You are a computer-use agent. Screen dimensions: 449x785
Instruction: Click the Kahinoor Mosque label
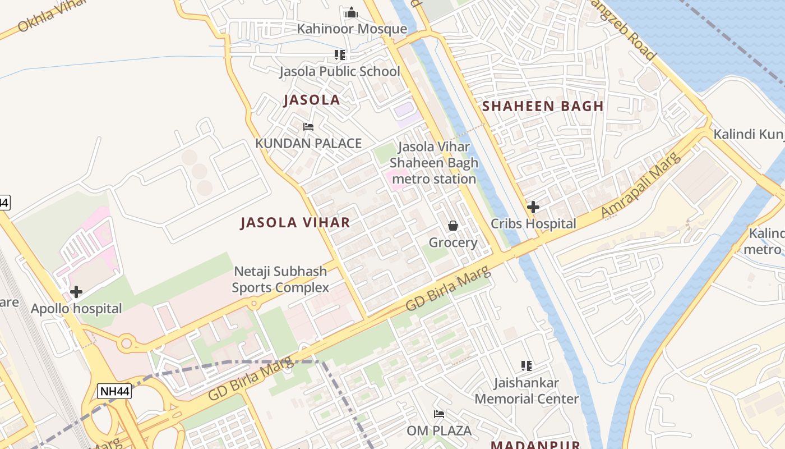(x=352, y=29)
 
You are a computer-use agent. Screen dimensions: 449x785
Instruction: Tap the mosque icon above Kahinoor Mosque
(x=352, y=12)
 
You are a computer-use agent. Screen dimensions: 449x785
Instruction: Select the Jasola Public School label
(x=340, y=71)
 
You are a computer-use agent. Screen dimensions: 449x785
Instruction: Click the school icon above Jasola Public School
(x=340, y=55)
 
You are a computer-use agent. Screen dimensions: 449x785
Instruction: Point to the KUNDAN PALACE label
(x=308, y=143)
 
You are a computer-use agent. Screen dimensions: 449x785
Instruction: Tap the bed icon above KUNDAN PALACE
(x=308, y=127)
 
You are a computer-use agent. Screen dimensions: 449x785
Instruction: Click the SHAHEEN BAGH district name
(x=543, y=106)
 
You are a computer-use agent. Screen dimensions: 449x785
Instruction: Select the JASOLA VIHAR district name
(x=295, y=222)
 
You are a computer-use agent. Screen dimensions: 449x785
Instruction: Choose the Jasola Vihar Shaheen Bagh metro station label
(x=434, y=163)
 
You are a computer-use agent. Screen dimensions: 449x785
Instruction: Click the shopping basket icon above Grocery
(x=453, y=226)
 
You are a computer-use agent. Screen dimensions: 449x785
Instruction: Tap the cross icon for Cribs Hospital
(x=533, y=207)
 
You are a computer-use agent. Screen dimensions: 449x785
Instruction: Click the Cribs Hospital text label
(x=533, y=224)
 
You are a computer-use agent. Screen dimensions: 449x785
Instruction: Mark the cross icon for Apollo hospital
(x=76, y=292)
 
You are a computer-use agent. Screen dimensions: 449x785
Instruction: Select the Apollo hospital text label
(x=76, y=309)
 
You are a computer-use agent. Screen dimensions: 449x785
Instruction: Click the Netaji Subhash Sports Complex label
(x=280, y=280)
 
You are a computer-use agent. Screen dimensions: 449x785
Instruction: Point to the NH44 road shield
(x=114, y=391)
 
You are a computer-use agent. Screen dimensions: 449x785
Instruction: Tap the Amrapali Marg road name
(x=641, y=185)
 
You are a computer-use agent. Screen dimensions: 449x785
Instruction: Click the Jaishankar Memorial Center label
(x=527, y=391)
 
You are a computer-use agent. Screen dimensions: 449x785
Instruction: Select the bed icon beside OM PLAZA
(x=439, y=414)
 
